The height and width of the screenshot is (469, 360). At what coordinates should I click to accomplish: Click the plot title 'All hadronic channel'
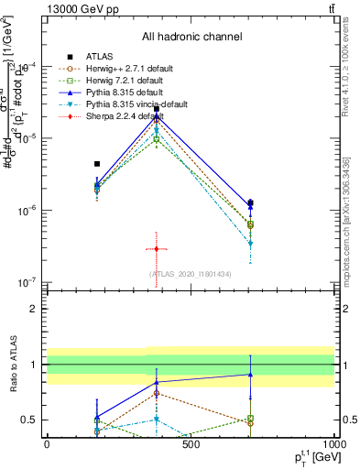point(191,37)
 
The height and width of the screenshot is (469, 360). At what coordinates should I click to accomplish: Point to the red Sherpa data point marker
point(157,249)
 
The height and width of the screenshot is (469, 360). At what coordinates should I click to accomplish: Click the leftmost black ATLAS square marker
point(97,164)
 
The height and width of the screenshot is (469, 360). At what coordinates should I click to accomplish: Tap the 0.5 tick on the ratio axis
point(29,420)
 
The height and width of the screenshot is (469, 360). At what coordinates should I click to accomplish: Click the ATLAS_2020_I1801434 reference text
point(191,274)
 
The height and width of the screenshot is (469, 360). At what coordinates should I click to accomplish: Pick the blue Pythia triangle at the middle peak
point(157,115)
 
